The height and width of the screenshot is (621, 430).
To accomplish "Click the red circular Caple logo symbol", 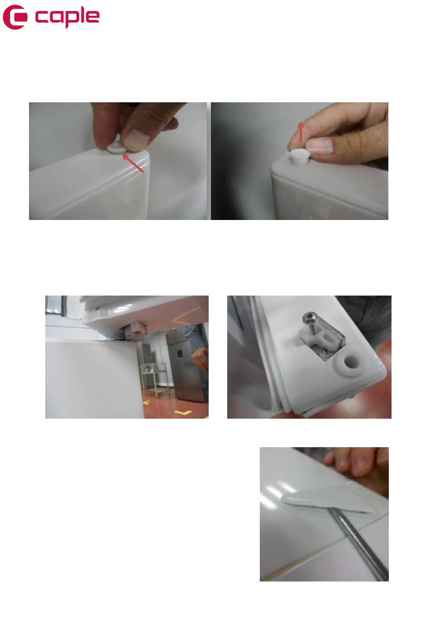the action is tap(15, 17).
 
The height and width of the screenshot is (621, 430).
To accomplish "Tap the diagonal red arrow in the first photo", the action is tap(133, 163).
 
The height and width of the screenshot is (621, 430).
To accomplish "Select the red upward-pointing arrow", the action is tap(301, 131).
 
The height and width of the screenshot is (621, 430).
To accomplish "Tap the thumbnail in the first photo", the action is tap(138, 136).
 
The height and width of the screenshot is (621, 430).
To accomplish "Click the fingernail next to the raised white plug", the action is tap(320, 145).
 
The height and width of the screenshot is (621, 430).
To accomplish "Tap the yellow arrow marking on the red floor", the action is tap(183, 413).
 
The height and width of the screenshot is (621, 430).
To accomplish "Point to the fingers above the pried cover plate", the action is tap(356, 463).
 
